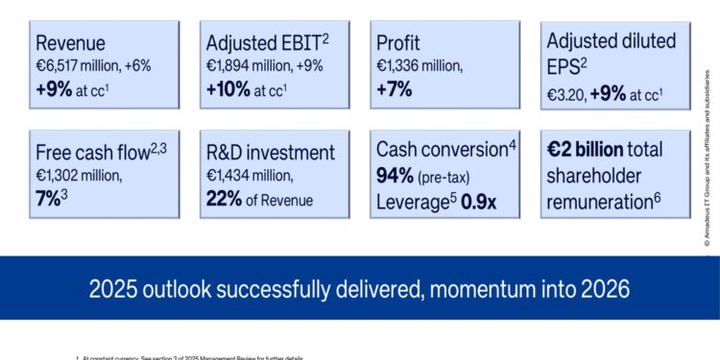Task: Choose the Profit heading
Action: [x=397, y=43]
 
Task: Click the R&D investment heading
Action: [x=271, y=153]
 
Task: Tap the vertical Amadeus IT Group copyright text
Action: [x=706, y=163]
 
